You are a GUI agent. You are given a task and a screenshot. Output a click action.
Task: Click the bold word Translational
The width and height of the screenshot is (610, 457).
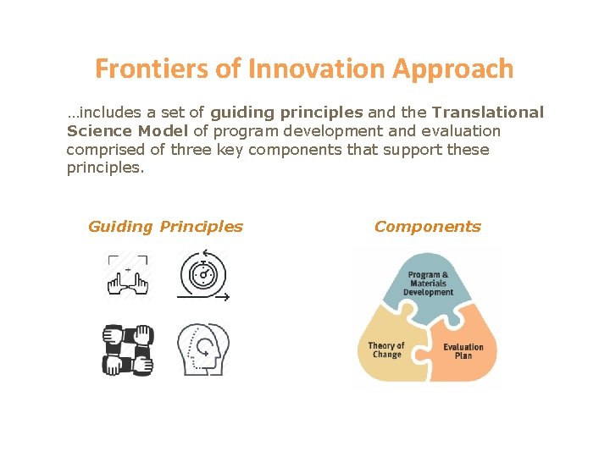(487, 113)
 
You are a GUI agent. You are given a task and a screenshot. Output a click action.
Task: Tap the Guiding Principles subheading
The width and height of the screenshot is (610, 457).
(165, 227)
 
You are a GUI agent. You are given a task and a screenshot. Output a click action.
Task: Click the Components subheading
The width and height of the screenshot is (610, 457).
(427, 227)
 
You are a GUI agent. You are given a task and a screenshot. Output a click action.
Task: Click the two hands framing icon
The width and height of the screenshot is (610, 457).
(127, 276)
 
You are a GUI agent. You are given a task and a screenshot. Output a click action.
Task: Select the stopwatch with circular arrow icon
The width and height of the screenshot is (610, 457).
(203, 275)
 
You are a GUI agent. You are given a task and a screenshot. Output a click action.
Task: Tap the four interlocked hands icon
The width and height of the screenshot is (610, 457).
(127, 349)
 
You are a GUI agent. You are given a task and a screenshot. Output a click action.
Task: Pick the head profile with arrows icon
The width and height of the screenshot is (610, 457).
(203, 349)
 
